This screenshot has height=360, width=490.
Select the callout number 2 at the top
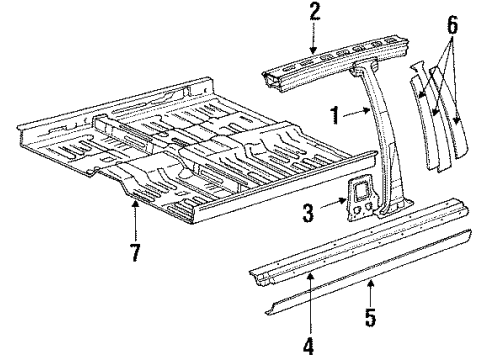[314, 12]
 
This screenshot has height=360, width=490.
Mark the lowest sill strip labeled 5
[350, 283]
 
